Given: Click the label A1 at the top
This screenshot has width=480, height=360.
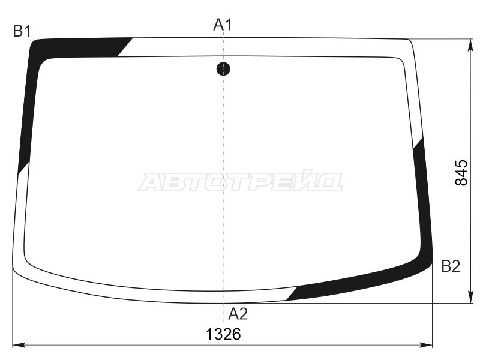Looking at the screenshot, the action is coord(223,25).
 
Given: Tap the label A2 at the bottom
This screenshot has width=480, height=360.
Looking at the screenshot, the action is coord(238,314).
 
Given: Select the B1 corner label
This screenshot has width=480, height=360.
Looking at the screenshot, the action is coord(22,31).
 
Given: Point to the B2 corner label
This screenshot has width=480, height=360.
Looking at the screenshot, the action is coord(451,266).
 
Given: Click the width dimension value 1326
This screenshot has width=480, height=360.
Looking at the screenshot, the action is coord(223,334).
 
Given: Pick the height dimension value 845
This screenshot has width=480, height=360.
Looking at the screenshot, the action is coord(461,172).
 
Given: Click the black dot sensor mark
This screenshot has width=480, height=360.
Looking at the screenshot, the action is coord(223,69).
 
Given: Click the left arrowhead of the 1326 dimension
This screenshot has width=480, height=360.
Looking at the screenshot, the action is coord(19,345).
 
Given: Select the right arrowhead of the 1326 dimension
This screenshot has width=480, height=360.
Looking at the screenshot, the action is coord(426,345).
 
